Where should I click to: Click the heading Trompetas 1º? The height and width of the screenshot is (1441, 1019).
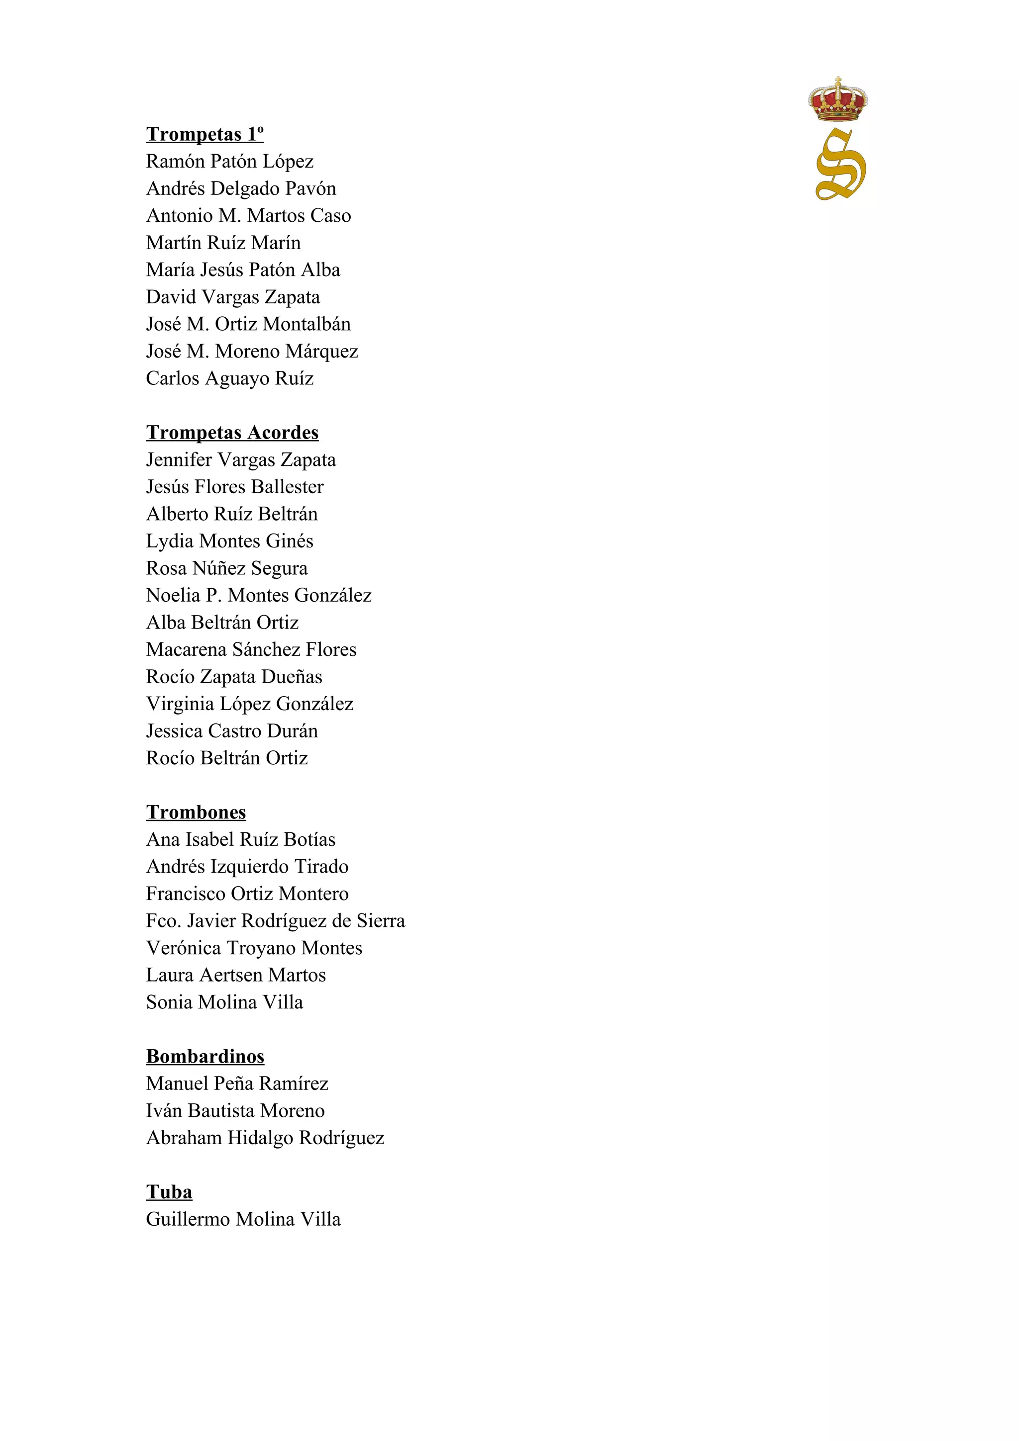tap(204, 134)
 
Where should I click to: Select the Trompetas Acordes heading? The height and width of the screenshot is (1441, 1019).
tap(232, 433)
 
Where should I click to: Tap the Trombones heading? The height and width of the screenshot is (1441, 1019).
tap(196, 812)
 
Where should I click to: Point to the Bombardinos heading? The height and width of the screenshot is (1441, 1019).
tap(205, 1056)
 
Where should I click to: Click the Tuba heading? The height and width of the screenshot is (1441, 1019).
tap(169, 1192)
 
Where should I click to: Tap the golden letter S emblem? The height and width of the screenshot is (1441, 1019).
tap(841, 165)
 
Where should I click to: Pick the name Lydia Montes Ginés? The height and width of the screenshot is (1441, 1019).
tap(230, 541)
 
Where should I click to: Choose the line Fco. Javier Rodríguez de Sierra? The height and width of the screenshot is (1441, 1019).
tap(276, 921)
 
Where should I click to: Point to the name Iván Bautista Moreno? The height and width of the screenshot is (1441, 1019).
tap(235, 1111)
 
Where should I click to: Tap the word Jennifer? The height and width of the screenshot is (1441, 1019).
tap(180, 460)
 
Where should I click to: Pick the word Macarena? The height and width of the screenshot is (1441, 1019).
tap(187, 649)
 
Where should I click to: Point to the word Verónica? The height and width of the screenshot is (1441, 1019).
tap(184, 948)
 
